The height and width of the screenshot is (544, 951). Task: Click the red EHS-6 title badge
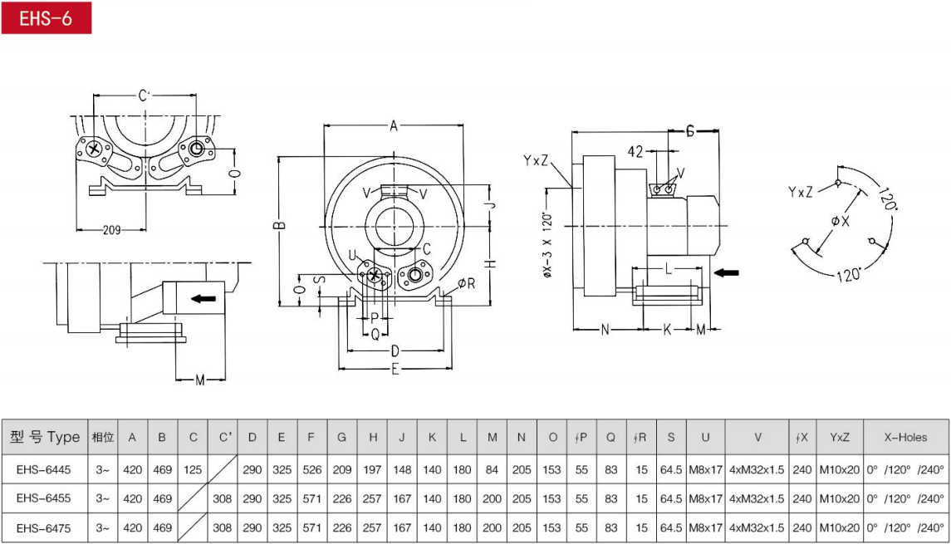[x=46, y=17]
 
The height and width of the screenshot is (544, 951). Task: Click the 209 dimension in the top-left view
[x=111, y=230]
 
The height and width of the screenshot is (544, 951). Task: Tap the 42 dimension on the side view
[x=635, y=151]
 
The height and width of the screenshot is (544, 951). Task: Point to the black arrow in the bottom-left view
[x=203, y=298]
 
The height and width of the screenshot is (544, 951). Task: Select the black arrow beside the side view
[x=727, y=272]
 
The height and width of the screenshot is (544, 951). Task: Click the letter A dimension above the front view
[x=394, y=125]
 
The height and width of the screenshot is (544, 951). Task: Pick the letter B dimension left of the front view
[x=280, y=225]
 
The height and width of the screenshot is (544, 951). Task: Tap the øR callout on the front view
[x=467, y=283]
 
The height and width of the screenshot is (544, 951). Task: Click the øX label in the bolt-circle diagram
[x=841, y=222]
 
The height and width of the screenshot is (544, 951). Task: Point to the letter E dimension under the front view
[x=395, y=369]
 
